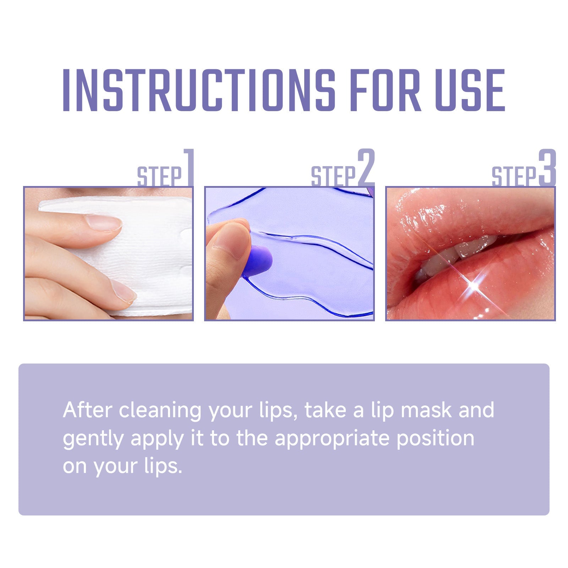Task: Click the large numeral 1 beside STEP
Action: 188,167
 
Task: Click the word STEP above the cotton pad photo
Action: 159,176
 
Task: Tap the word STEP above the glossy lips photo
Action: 514,176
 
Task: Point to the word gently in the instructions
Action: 93,439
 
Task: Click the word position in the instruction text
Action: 435,439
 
